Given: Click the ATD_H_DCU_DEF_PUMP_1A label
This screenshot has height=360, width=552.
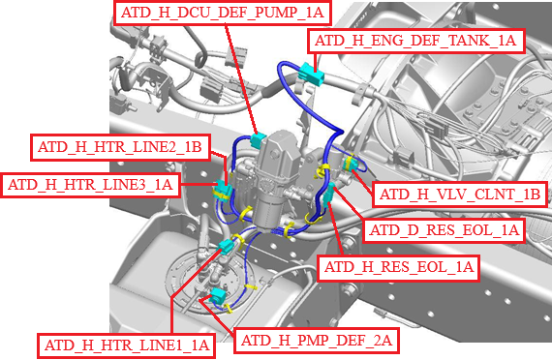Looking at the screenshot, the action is coord(223,13).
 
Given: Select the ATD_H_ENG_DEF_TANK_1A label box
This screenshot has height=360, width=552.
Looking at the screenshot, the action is coord(416,41).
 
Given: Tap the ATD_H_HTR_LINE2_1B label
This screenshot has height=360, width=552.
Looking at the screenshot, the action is coord(120,147).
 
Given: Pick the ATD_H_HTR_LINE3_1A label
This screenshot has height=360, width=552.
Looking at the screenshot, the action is coord(90,185).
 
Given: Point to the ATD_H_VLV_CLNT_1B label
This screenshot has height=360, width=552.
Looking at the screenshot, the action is coord(460,195).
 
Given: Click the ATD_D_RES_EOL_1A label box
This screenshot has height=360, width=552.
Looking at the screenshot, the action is coord(445,230).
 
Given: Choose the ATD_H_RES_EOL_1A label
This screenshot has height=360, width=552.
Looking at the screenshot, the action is coord(399,267).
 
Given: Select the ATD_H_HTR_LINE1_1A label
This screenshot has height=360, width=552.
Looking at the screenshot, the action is coord(127,345).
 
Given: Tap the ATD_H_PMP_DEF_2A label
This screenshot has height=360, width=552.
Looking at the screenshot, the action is coord(317,341).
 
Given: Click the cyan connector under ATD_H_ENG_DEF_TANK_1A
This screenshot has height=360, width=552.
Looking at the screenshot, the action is coord(311,74).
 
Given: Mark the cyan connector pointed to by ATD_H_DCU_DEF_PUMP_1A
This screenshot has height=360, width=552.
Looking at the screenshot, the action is coord(259,139).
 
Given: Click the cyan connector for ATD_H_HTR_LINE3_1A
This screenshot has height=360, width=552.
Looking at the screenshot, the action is coord(223,190).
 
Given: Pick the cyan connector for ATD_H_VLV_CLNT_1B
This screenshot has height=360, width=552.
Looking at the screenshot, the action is coord(350,164).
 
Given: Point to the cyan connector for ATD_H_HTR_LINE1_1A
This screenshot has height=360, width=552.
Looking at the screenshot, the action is coord(226,247).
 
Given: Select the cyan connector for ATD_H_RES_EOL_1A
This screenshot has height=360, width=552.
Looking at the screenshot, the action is coord(329,195).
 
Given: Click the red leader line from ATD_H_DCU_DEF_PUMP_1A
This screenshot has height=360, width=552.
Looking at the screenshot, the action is coord(243,78).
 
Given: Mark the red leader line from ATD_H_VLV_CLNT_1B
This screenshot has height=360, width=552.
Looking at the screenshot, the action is coord(362,182).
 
